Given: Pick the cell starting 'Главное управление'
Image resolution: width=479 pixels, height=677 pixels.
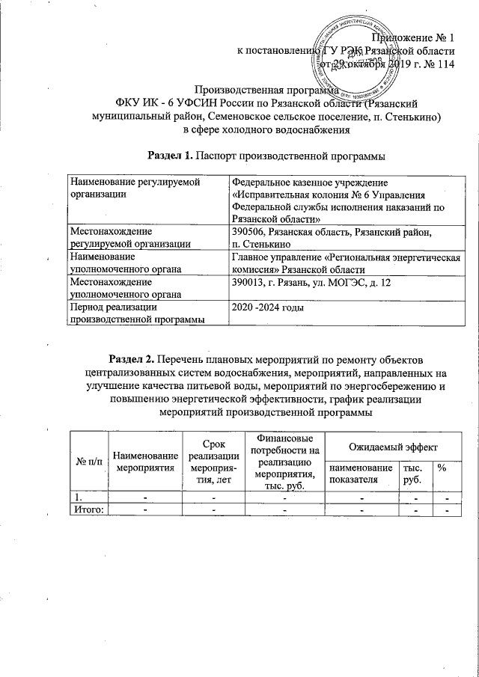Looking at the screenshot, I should pos(345,263).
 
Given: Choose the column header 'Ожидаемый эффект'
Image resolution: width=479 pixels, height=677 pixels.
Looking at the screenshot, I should pos(390,446).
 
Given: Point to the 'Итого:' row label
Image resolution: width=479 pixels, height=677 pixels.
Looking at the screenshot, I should pos(88,509).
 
